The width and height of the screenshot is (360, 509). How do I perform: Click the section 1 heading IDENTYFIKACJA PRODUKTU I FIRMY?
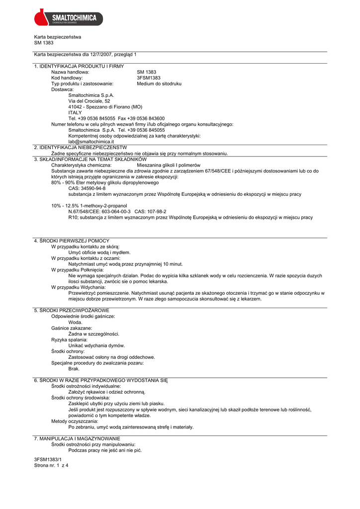[79, 66]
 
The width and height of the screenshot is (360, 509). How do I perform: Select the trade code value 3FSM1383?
[149, 78]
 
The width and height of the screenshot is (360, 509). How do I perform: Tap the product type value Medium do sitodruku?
[159, 84]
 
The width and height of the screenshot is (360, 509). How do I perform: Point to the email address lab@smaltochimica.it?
[91, 142]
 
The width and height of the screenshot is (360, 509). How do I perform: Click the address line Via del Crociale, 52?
[89, 101]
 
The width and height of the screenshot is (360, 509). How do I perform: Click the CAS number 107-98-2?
[156, 211]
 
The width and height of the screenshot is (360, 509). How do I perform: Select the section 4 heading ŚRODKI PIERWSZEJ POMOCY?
[71, 241]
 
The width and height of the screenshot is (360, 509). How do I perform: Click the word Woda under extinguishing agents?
[75, 322]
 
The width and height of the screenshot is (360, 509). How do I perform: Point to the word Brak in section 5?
[74, 369]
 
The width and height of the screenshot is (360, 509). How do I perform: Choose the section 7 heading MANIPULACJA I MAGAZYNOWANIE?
[77, 438]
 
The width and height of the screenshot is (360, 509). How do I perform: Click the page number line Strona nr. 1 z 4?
[51, 466]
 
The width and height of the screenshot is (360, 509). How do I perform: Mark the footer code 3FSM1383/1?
[48, 460]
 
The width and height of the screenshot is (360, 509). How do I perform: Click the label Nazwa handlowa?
[70, 72]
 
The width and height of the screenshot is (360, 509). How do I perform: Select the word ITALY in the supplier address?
[75, 113]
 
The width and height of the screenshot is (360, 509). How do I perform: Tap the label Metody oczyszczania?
[75, 421]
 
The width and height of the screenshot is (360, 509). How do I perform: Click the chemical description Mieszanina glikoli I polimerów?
[168, 165]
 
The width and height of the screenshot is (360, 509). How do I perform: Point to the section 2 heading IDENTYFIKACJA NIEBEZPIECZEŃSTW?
[80, 148]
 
